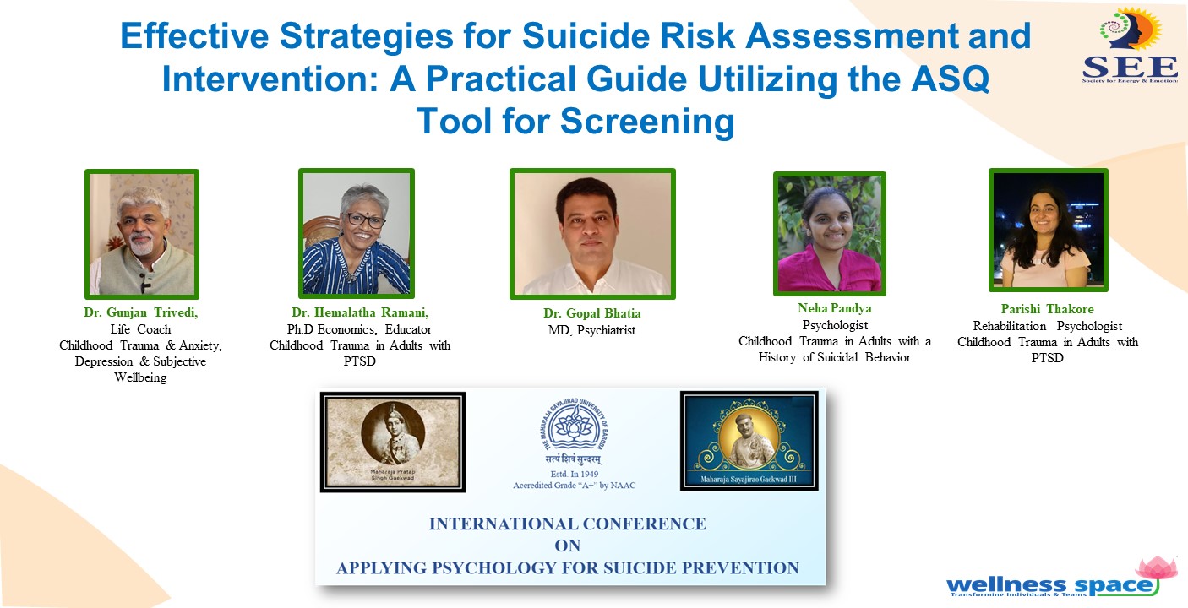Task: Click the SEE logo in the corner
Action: tap(1130, 46)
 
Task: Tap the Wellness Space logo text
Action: tap(1049, 584)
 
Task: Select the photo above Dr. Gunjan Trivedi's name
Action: tap(142, 234)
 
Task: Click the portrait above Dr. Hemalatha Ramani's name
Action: tap(356, 233)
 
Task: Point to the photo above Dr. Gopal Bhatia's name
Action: tap(592, 234)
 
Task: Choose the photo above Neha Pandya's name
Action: tap(830, 234)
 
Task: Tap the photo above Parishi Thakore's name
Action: tap(1048, 230)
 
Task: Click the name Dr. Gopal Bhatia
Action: tap(591, 314)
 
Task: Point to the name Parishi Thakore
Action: tap(1047, 309)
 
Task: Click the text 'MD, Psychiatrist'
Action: tap(591, 330)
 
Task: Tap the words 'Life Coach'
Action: tap(140, 329)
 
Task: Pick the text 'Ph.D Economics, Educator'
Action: tap(359, 329)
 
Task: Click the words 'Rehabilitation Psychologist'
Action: tap(1047, 326)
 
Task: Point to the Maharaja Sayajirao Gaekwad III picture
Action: tap(749, 439)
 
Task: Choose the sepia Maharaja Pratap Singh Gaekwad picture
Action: tap(392, 441)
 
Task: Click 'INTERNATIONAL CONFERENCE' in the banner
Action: tap(567, 524)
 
